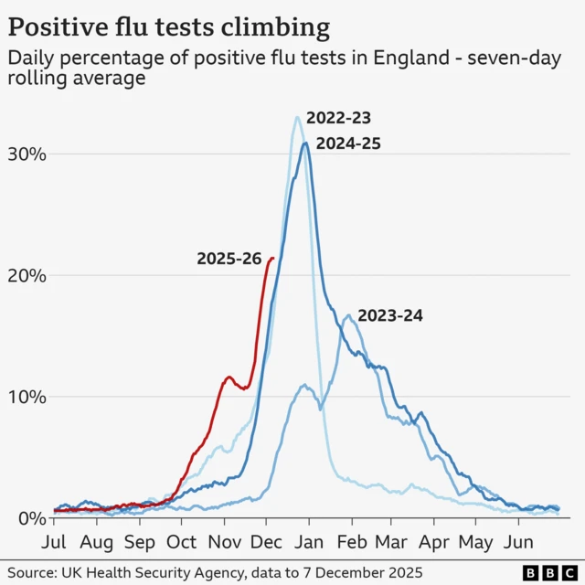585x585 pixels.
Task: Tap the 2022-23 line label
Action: (338, 118)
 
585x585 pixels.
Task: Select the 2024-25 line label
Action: (348, 144)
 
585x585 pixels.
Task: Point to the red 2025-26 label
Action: (229, 259)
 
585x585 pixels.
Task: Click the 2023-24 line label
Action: (390, 316)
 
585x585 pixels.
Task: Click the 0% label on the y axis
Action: (29, 518)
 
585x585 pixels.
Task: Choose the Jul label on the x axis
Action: (53, 541)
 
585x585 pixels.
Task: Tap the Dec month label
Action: (266, 541)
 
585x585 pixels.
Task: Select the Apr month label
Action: (433, 541)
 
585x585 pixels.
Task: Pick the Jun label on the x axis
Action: (519, 541)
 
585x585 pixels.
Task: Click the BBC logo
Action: (548, 573)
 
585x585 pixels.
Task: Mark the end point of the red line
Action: (272, 258)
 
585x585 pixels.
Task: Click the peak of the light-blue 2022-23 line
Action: (297, 117)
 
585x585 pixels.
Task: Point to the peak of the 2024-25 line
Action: (305, 143)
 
